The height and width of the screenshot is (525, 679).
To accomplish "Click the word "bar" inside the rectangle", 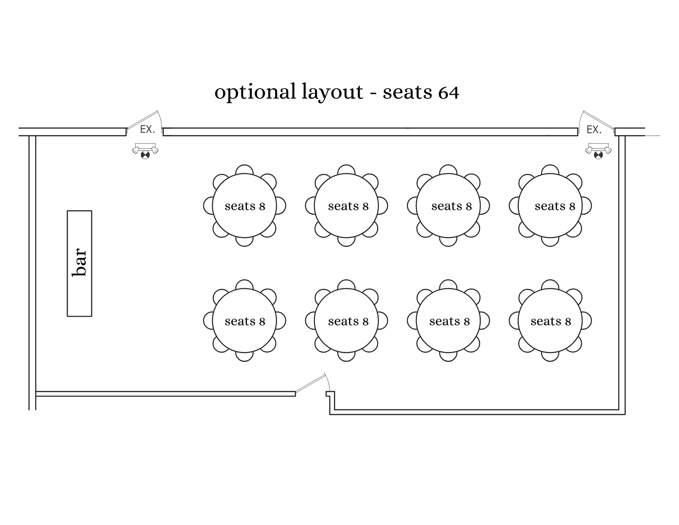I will pyautogui.click(x=80, y=263).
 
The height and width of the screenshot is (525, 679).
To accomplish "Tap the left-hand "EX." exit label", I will pyautogui.click(x=147, y=130).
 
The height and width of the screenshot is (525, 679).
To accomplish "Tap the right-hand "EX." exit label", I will pyautogui.click(x=594, y=130).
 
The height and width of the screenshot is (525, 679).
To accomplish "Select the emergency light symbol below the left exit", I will pyautogui.click(x=145, y=151).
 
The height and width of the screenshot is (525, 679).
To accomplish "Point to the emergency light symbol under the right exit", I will pyautogui.click(x=598, y=151).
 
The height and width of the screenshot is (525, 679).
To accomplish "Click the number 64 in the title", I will pyautogui.click(x=448, y=93).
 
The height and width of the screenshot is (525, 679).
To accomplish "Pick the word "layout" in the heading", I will pyautogui.click(x=332, y=92).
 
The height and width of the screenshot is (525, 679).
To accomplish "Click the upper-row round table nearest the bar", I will pyautogui.click(x=244, y=206).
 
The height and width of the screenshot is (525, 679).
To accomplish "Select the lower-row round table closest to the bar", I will pyautogui.click(x=244, y=321).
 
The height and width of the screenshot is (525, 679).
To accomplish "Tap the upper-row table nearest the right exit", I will pyautogui.click(x=550, y=206).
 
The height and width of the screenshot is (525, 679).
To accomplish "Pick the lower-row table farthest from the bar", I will pyautogui.click(x=550, y=321).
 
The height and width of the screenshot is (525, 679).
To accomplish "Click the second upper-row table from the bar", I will pyautogui.click(x=346, y=206).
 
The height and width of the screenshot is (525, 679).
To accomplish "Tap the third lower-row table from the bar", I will pyautogui.click(x=448, y=321).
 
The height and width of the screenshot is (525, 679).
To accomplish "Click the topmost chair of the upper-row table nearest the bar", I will pyautogui.click(x=244, y=169).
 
